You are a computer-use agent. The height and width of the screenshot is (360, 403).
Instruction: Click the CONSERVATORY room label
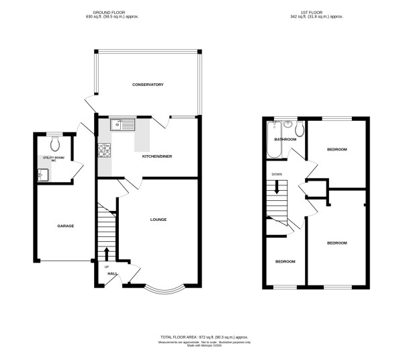[x=148, y=85]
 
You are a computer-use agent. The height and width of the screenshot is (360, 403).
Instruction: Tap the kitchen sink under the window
[x=124, y=124]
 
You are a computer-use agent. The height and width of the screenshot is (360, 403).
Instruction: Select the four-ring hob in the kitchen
[x=104, y=151]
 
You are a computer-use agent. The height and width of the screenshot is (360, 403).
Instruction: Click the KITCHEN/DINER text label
[x=155, y=156]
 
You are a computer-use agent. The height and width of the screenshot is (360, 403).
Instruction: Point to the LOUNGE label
[x=158, y=220]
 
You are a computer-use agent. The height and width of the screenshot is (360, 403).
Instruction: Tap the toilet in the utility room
[x=55, y=143]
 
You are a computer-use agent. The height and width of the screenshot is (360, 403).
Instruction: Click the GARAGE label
[x=64, y=226]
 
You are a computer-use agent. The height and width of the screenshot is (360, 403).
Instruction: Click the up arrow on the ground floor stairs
[x=107, y=253]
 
